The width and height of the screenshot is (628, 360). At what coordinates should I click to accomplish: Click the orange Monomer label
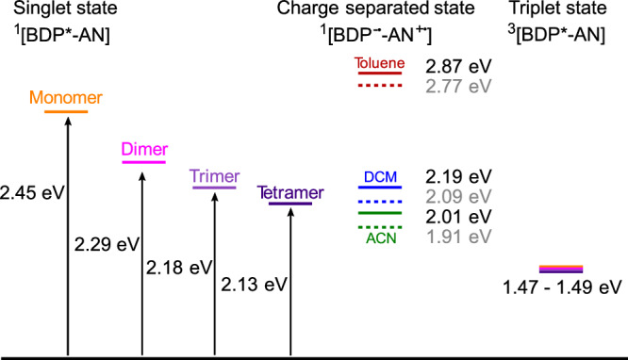(x=66, y=97)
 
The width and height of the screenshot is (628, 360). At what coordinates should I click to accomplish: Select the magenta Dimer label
(x=143, y=149)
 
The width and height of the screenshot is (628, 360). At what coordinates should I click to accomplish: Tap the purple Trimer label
(x=214, y=176)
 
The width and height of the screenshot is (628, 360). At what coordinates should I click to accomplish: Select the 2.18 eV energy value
(x=179, y=266)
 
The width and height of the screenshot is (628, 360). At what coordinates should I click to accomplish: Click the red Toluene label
(x=379, y=64)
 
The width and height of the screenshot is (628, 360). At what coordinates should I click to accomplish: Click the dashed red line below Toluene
(x=379, y=86)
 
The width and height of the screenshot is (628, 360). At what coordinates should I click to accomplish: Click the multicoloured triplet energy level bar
(x=560, y=270)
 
